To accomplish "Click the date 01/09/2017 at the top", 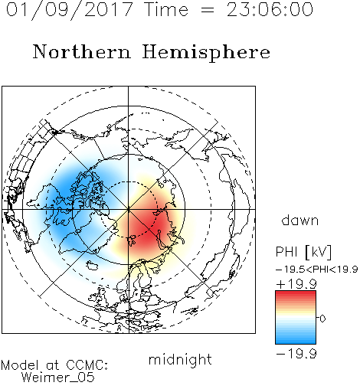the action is pyautogui.click(x=69, y=9).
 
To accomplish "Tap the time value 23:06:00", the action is pyautogui.click(x=270, y=9).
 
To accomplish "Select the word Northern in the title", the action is pyautogui.click(x=82, y=51).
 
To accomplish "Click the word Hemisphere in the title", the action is pyautogui.click(x=206, y=53).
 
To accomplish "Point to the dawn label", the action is pyautogui.click(x=300, y=221).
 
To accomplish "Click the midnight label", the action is pyautogui.click(x=180, y=360).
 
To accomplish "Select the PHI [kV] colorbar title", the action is pyautogui.click(x=303, y=252).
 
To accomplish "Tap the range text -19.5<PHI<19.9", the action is pyautogui.click(x=316, y=270).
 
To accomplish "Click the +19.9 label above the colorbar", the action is pyautogui.click(x=296, y=284).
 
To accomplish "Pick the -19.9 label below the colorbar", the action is pyautogui.click(x=296, y=354).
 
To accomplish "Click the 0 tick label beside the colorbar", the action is pyautogui.click(x=322, y=319).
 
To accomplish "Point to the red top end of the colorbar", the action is pyautogui.click(x=296, y=293).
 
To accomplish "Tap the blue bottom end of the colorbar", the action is pyautogui.click(x=296, y=342).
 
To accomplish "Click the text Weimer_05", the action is pyautogui.click(x=58, y=378).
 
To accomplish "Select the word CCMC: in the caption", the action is pyautogui.click(x=87, y=365).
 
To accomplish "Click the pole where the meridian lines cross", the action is pyautogui.click(x=129, y=210).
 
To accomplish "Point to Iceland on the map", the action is pyautogui.click(x=92, y=266).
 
